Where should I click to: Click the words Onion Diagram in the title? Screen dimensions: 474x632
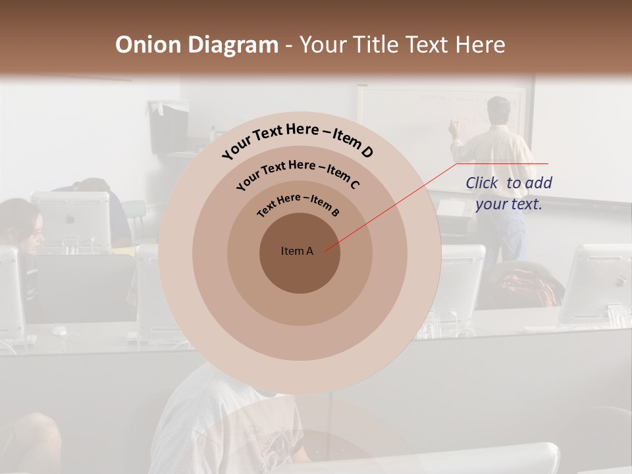click(x=196, y=45)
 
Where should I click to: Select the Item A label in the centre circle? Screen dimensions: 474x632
click(x=297, y=251)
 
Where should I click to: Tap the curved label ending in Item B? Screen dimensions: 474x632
click(x=298, y=204)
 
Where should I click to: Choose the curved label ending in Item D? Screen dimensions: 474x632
click(x=298, y=141)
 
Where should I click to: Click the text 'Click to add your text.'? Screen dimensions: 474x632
click(x=509, y=194)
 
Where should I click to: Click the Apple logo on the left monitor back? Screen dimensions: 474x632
click(x=70, y=219)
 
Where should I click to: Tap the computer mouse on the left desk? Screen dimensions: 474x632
click(x=59, y=329)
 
